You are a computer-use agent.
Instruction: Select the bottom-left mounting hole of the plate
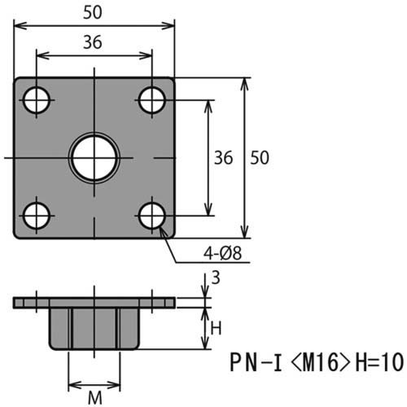point(36,217)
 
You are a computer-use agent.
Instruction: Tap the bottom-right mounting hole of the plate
point(152,217)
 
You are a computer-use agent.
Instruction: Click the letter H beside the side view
point(216,328)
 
